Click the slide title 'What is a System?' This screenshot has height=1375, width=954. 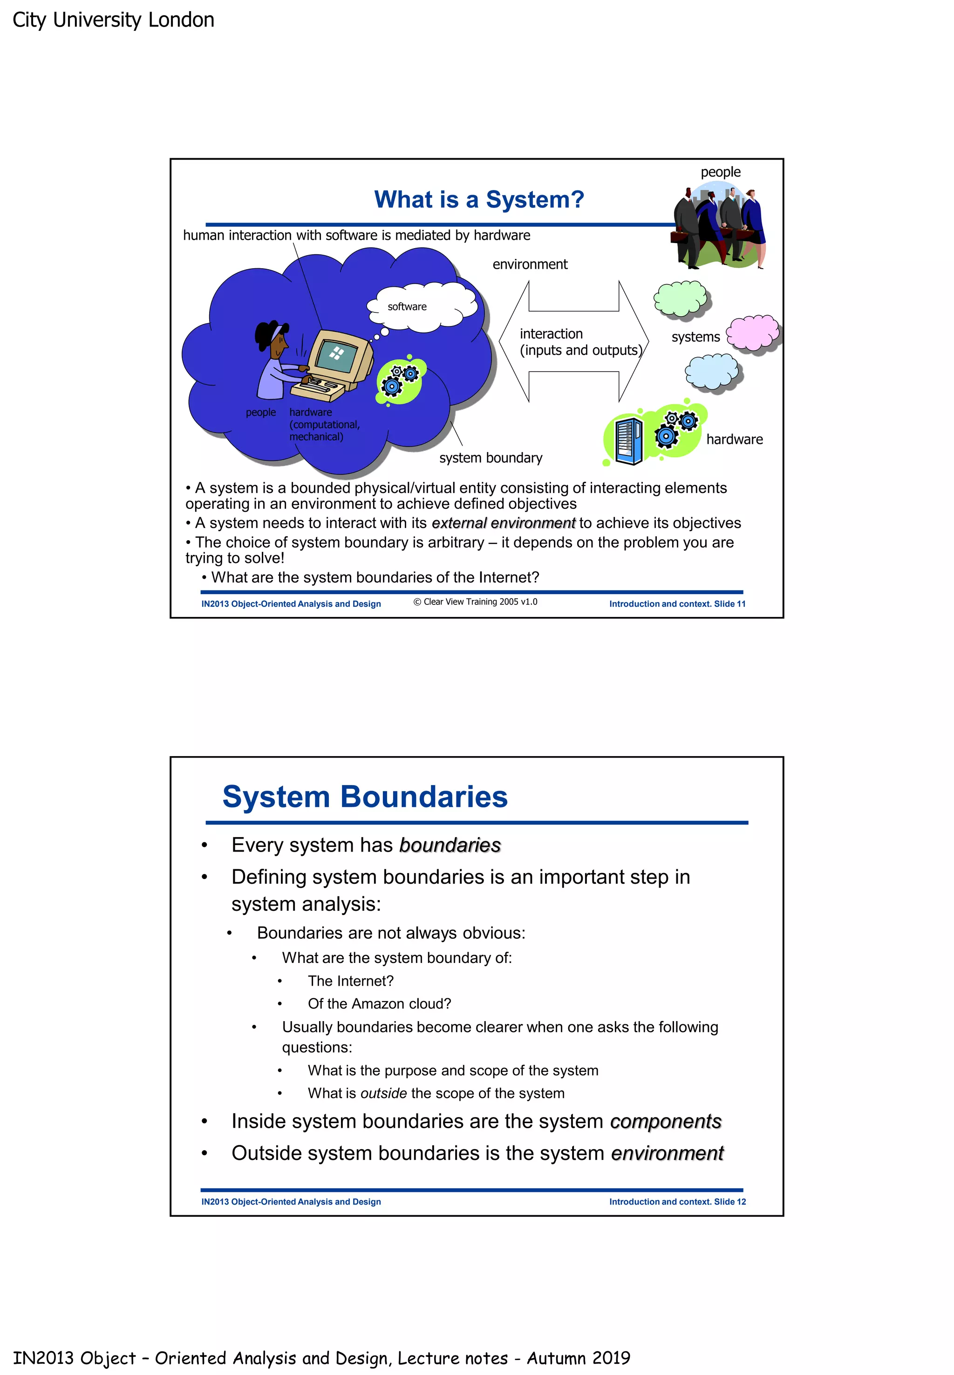click(x=479, y=200)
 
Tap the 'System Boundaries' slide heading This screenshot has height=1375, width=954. click(x=365, y=797)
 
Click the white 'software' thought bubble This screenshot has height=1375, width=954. click(x=422, y=306)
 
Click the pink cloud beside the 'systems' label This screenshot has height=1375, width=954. click(x=753, y=332)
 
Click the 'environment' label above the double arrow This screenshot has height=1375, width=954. click(x=530, y=264)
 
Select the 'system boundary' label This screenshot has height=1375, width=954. click(x=491, y=458)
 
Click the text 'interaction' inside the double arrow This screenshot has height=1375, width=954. click(x=551, y=333)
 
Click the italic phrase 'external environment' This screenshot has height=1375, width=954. click(x=503, y=523)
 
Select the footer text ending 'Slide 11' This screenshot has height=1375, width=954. click(x=677, y=603)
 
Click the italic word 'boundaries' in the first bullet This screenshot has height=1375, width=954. click(x=450, y=845)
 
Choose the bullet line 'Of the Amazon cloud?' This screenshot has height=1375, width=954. click(x=379, y=1003)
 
